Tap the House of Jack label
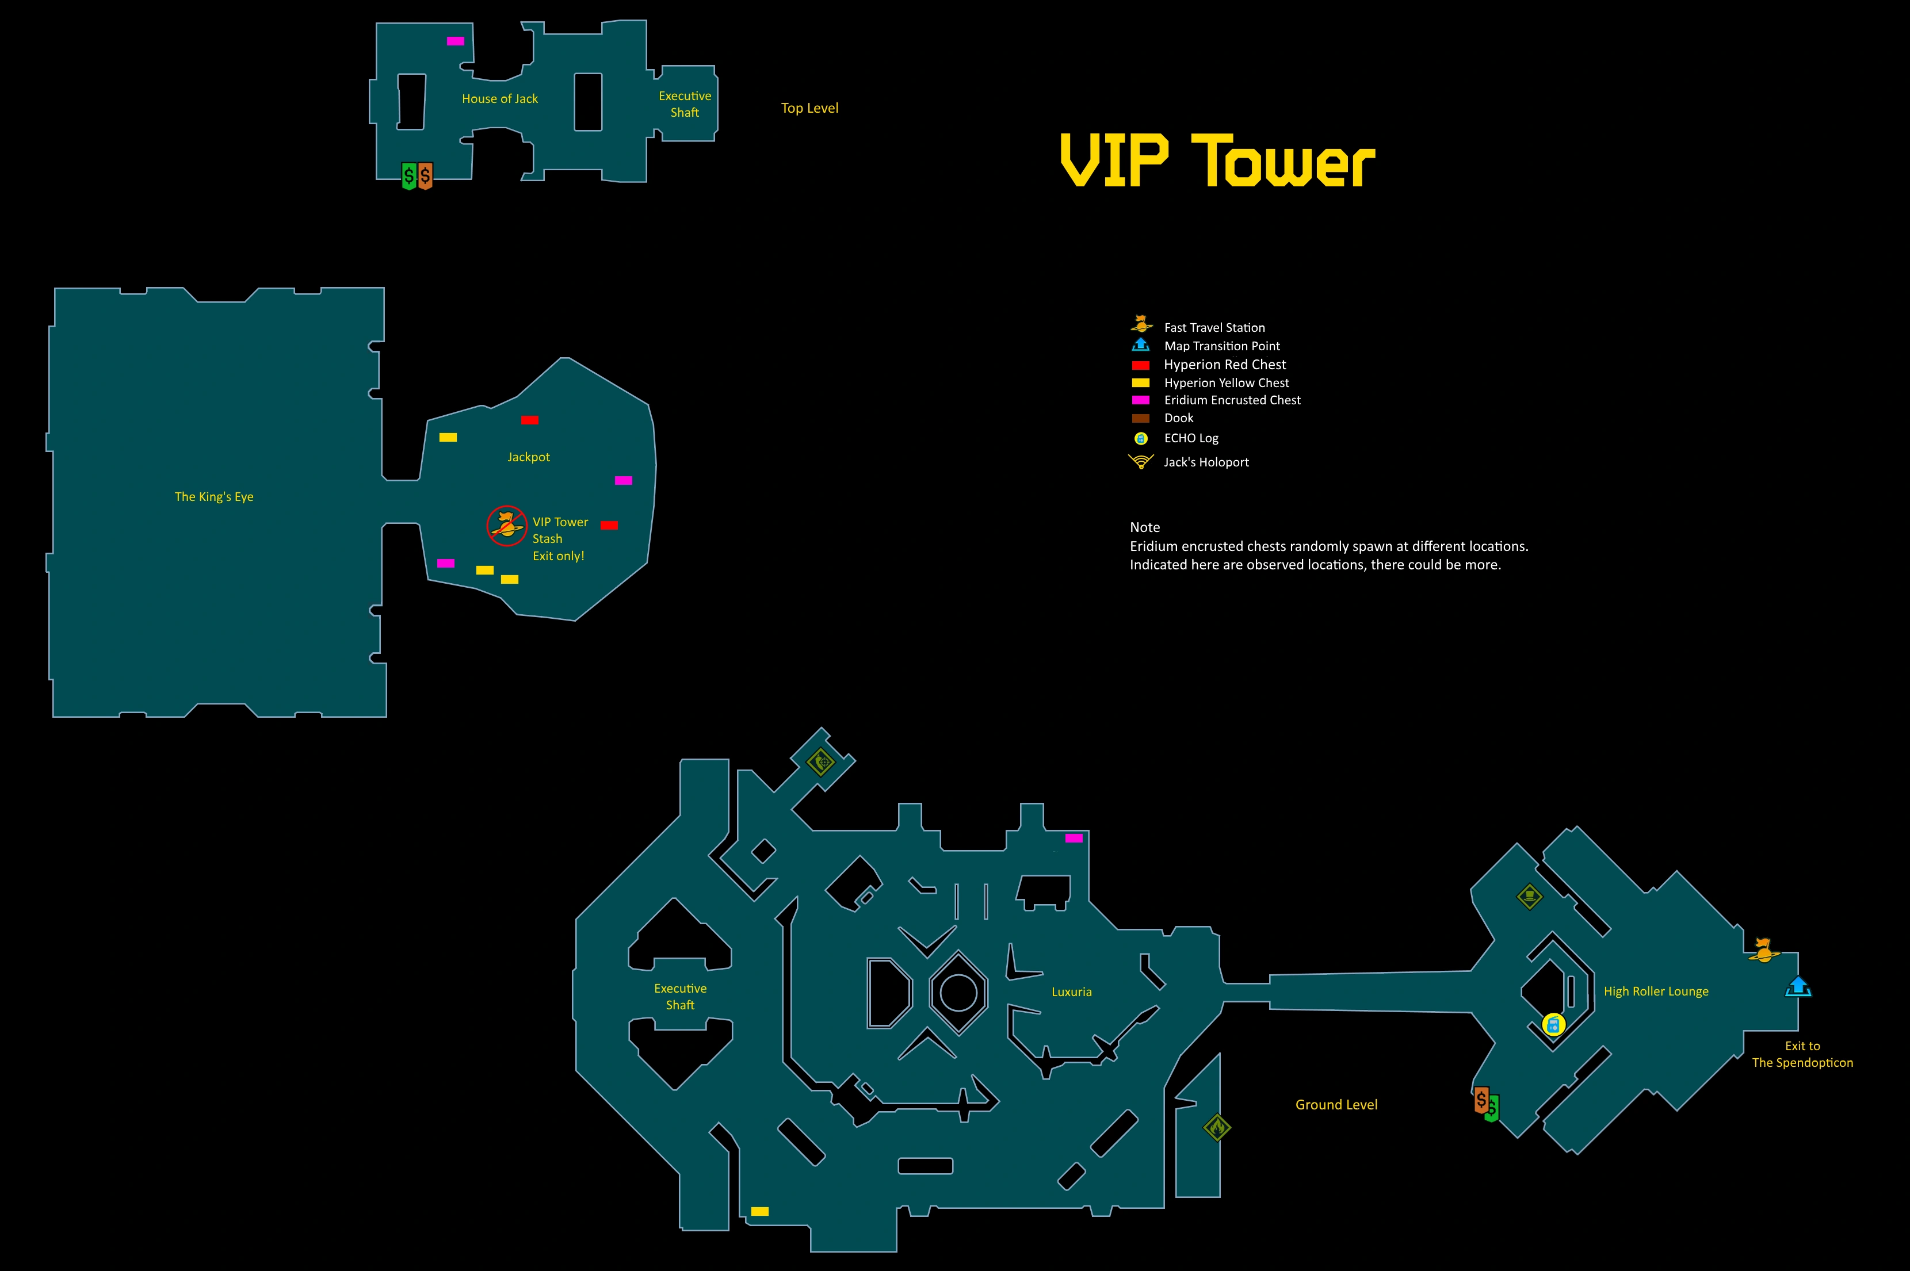coord(500,99)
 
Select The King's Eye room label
coord(214,497)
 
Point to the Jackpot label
coord(529,457)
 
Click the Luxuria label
coord(1072,992)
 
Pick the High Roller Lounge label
coord(1656,991)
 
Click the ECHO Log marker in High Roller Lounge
coord(1553,1025)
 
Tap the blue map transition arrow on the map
coord(1798,986)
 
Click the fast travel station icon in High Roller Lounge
coord(1763,950)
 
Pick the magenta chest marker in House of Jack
coord(456,40)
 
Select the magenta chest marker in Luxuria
coord(1074,838)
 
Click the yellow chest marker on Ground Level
coord(759,1212)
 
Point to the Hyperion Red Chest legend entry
coord(1209,365)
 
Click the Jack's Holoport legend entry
coord(1189,462)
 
